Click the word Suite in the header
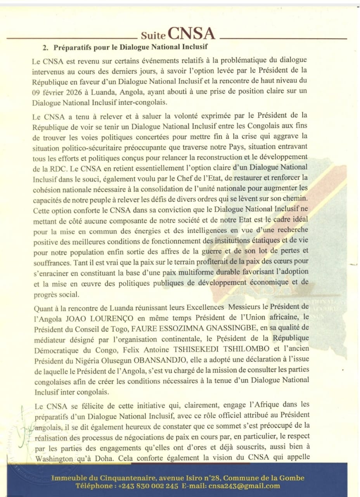[x=153, y=36]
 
